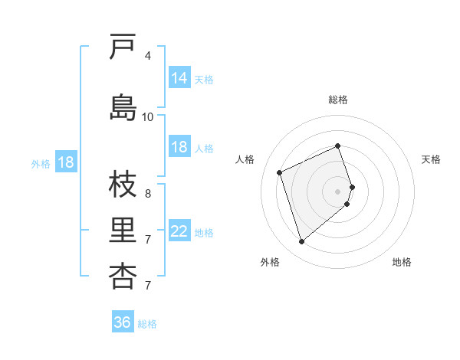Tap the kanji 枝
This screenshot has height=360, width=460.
(123, 188)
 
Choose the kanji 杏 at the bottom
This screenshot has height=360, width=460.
(123, 277)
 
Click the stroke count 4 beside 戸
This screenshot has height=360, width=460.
(148, 56)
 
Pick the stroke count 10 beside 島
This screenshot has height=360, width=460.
(148, 116)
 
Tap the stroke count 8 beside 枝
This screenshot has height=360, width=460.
(148, 194)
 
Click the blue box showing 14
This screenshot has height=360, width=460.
(179, 78)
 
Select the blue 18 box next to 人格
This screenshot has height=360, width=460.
(179, 147)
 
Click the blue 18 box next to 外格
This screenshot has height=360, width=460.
(65, 162)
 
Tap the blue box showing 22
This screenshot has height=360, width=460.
(179, 231)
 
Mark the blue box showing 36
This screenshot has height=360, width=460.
(122, 322)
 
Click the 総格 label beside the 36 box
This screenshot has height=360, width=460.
(147, 324)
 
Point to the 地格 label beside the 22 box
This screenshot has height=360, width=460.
(204, 233)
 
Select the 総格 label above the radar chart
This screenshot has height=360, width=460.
(338, 100)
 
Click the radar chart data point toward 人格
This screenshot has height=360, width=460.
(280, 172)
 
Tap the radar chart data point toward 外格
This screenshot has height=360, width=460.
(301, 242)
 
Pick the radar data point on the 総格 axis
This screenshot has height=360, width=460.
(338, 146)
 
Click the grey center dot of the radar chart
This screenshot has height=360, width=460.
(338, 191)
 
